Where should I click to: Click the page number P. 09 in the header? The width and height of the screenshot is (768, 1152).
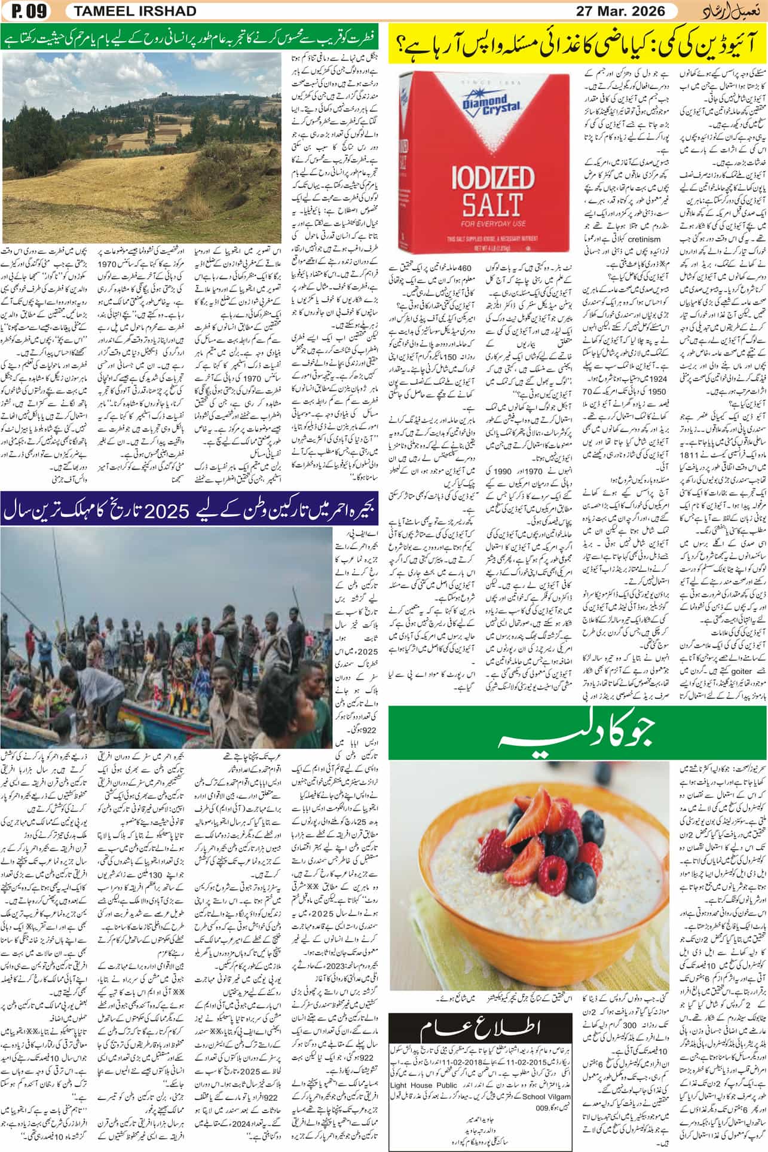click(x=27, y=10)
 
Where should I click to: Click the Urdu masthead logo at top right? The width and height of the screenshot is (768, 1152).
click(x=729, y=10)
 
